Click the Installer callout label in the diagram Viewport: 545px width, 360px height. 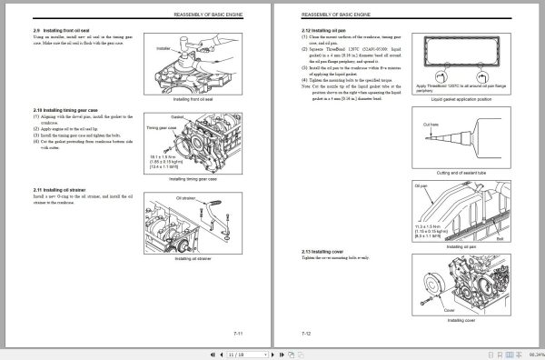coord(163,46)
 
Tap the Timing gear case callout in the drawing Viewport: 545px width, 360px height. coord(162,129)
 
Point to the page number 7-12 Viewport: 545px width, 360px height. coord(307,333)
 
